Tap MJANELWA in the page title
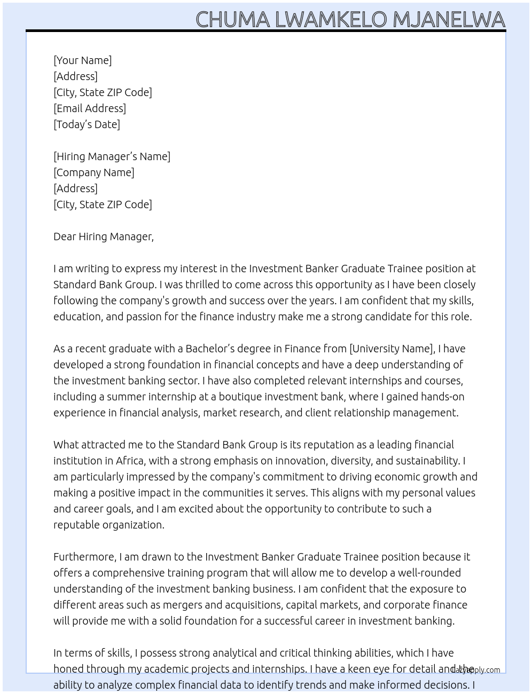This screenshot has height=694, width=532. tap(449, 19)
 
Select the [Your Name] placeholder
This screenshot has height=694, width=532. tap(83, 60)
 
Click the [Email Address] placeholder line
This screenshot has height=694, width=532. tap(90, 108)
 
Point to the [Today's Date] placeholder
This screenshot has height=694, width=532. tap(87, 124)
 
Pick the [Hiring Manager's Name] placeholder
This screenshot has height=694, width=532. tap(112, 156)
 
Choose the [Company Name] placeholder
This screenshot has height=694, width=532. tap(94, 172)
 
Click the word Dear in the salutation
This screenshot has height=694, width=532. tap(65, 236)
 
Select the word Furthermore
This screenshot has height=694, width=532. tap(84, 557)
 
